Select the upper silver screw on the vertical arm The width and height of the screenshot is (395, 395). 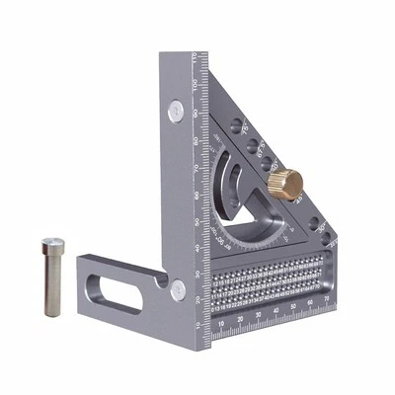coord(175,109)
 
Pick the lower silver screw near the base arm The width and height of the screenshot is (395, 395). coord(178,288)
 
